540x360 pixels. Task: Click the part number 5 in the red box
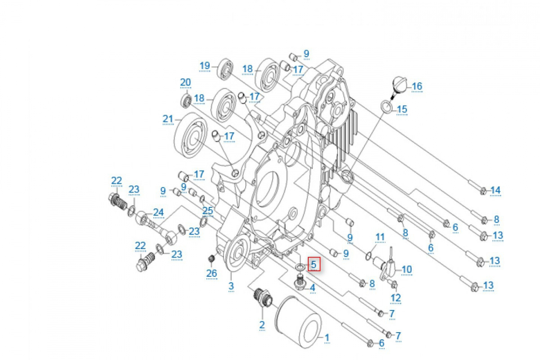[x=313, y=264]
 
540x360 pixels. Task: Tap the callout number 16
[x=417, y=86]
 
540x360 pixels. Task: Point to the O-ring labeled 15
[x=386, y=107]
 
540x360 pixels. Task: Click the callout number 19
[x=205, y=66]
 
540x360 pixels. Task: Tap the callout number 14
[x=495, y=190]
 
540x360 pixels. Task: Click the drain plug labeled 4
[x=301, y=282]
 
